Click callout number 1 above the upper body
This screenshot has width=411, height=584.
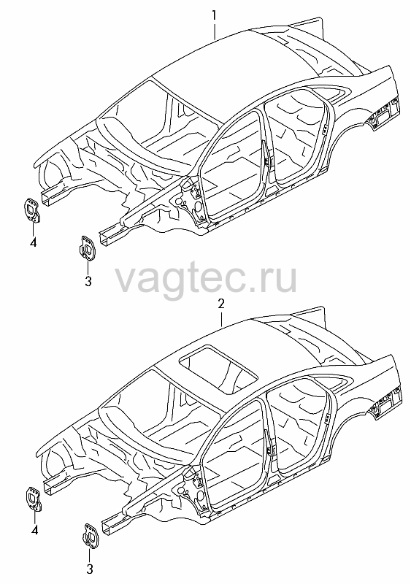[x=215, y=16]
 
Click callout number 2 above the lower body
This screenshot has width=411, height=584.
[x=221, y=304]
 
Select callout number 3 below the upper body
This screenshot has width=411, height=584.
[x=88, y=281]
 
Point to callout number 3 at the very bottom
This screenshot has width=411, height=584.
[x=90, y=569]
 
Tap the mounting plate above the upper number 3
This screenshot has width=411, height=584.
[x=87, y=247]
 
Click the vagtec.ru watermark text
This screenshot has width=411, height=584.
[x=206, y=277]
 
